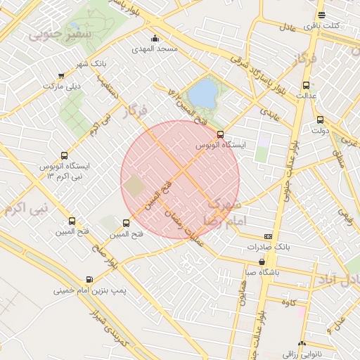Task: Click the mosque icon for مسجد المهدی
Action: [x=155, y=38]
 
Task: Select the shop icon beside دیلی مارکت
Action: [x=60, y=76]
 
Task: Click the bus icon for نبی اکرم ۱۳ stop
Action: [x=65, y=155]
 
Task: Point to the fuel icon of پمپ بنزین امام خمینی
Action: [x=89, y=279]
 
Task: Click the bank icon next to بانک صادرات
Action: [x=268, y=236]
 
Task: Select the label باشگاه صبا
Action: [x=259, y=271]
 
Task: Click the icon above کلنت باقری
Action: [x=321, y=15]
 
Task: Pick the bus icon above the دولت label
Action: [x=320, y=120]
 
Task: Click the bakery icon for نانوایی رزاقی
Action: [x=302, y=344]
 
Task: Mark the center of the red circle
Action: [x=180, y=180]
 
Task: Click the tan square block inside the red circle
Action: [x=134, y=186]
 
